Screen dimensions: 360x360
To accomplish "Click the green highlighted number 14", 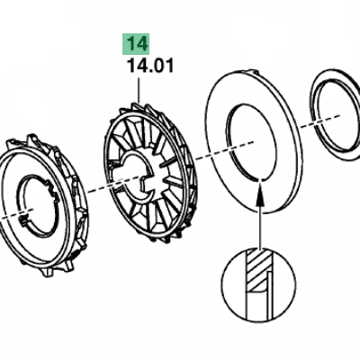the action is click(138, 44).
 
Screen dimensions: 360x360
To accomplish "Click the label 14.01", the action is click(151, 66).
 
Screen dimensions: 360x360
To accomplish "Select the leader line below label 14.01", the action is click(139, 91).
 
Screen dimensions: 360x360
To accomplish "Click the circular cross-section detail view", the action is click(258, 284).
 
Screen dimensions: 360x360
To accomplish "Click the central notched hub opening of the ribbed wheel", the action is click(138, 176).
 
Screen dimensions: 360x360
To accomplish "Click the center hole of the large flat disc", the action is click(251, 142).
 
